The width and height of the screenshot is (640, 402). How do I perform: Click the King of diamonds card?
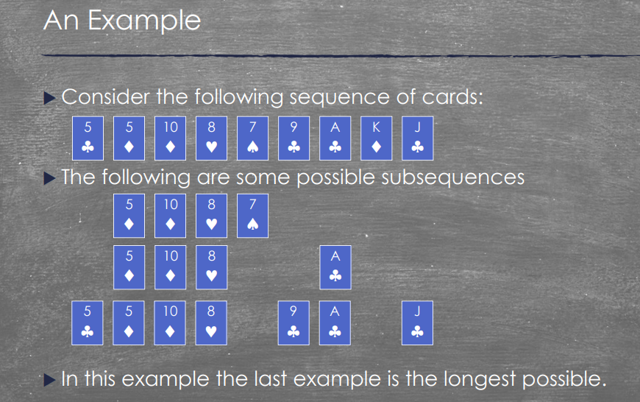(x=377, y=138)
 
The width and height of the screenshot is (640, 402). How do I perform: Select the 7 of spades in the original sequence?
(x=252, y=138)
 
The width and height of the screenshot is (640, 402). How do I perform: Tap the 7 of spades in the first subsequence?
(x=252, y=216)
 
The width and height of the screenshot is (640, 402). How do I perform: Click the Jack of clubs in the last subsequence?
(x=418, y=322)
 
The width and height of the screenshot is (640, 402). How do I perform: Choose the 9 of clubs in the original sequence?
(x=294, y=138)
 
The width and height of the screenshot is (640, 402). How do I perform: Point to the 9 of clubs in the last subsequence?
(x=294, y=322)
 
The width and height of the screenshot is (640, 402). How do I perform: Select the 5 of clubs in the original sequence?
(x=88, y=138)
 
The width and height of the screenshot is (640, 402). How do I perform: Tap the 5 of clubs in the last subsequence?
(x=88, y=322)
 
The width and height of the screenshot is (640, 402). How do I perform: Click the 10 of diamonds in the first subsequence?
(x=170, y=216)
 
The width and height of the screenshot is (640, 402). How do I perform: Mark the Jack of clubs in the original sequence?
(x=418, y=138)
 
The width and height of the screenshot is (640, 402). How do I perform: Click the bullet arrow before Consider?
(x=50, y=98)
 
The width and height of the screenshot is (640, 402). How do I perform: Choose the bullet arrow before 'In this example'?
(x=50, y=380)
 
